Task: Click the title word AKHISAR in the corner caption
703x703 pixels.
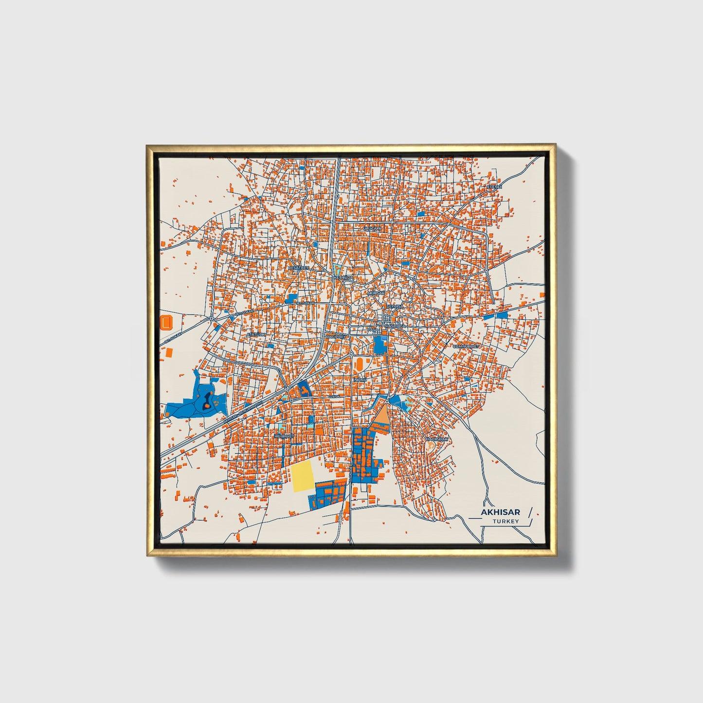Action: click(x=500, y=512)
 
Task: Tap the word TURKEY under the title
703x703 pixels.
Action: click(x=505, y=521)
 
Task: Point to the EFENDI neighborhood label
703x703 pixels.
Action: click(x=494, y=187)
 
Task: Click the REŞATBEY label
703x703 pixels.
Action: click(x=298, y=268)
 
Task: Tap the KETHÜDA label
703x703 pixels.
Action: click(x=343, y=277)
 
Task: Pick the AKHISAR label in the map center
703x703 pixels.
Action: click(x=376, y=293)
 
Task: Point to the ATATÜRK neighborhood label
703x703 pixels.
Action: click(x=256, y=335)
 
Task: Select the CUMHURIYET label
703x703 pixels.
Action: click(x=466, y=346)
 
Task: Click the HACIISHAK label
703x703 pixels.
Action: click(x=436, y=439)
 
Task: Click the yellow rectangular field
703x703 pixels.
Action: click(x=303, y=476)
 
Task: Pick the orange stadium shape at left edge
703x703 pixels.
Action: click(x=166, y=322)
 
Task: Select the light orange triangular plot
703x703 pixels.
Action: click(x=381, y=416)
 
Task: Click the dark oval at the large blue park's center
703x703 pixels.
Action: click(x=207, y=401)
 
